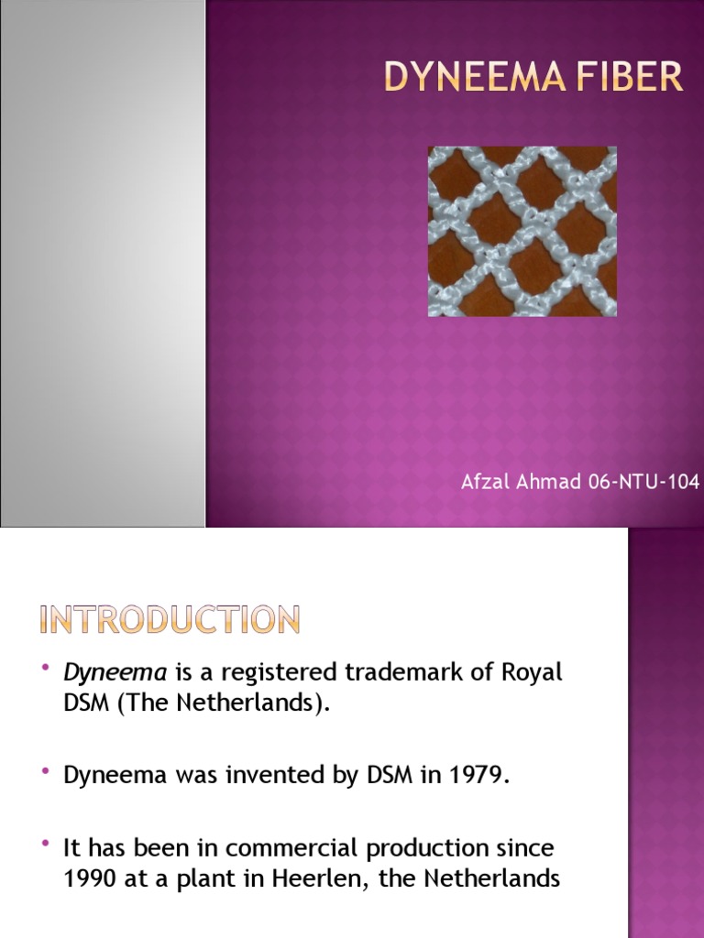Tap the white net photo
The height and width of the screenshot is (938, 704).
pos(522,231)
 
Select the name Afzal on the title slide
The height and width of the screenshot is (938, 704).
pos(484,482)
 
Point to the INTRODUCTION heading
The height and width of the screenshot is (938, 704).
pos(170,620)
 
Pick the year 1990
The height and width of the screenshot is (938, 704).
pos(87,879)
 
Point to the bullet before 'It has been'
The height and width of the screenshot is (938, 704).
pos(46,844)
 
